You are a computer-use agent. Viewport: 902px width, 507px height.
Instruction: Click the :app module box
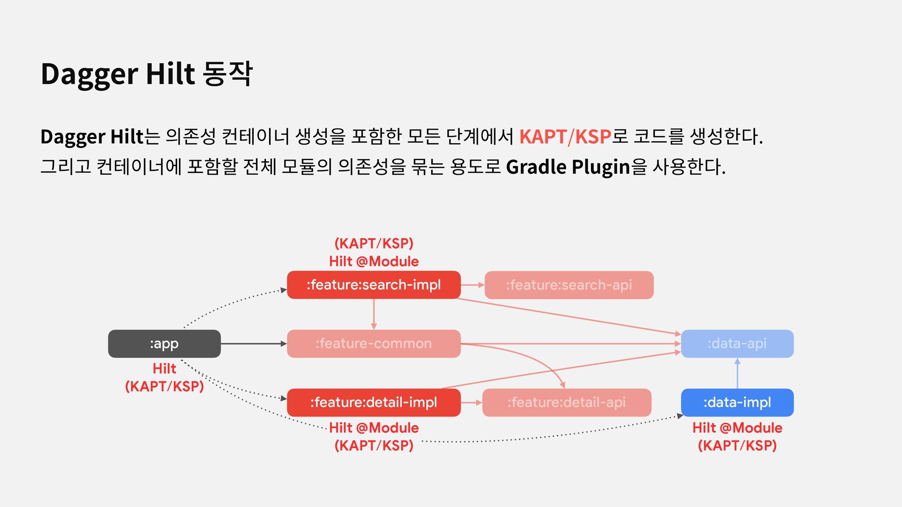pos(164,344)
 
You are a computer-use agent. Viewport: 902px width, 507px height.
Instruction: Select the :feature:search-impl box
pos(373,285)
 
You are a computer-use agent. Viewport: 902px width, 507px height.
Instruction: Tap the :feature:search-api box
pos(568,285)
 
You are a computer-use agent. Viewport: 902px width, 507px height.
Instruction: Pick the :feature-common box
pos(373,344)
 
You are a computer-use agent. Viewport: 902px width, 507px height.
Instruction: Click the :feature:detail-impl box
pos(373,402)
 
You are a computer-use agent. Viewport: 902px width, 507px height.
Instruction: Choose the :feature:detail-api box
pos(566,402)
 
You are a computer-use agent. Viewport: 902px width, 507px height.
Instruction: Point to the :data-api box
pos(737,344)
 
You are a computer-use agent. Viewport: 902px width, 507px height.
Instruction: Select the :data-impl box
pos(737,402)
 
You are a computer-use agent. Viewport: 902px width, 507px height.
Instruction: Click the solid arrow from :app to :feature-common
pos(254,344)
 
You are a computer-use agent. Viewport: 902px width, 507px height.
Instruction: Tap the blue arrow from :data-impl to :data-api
pos(737,374)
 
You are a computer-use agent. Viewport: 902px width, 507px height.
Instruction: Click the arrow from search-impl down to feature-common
pos(373,314)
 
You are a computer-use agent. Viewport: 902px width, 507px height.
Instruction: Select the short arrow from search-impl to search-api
pos(472,285)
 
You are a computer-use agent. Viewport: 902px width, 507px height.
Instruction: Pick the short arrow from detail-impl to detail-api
pos(471,402)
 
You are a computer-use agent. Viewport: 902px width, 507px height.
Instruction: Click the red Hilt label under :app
pos(164,369)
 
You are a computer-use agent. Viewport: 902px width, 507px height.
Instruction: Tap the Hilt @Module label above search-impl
pos(373,261)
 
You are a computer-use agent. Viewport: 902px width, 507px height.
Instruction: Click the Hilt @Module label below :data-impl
pos(737,428)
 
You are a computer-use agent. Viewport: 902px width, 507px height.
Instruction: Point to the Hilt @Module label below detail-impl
pos(373,428)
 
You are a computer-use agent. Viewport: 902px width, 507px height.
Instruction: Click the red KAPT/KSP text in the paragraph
pos(565,137)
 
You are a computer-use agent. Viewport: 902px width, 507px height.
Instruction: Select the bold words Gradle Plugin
pos(568,167)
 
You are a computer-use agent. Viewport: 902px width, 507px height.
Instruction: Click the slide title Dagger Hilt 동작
pos(147,74)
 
